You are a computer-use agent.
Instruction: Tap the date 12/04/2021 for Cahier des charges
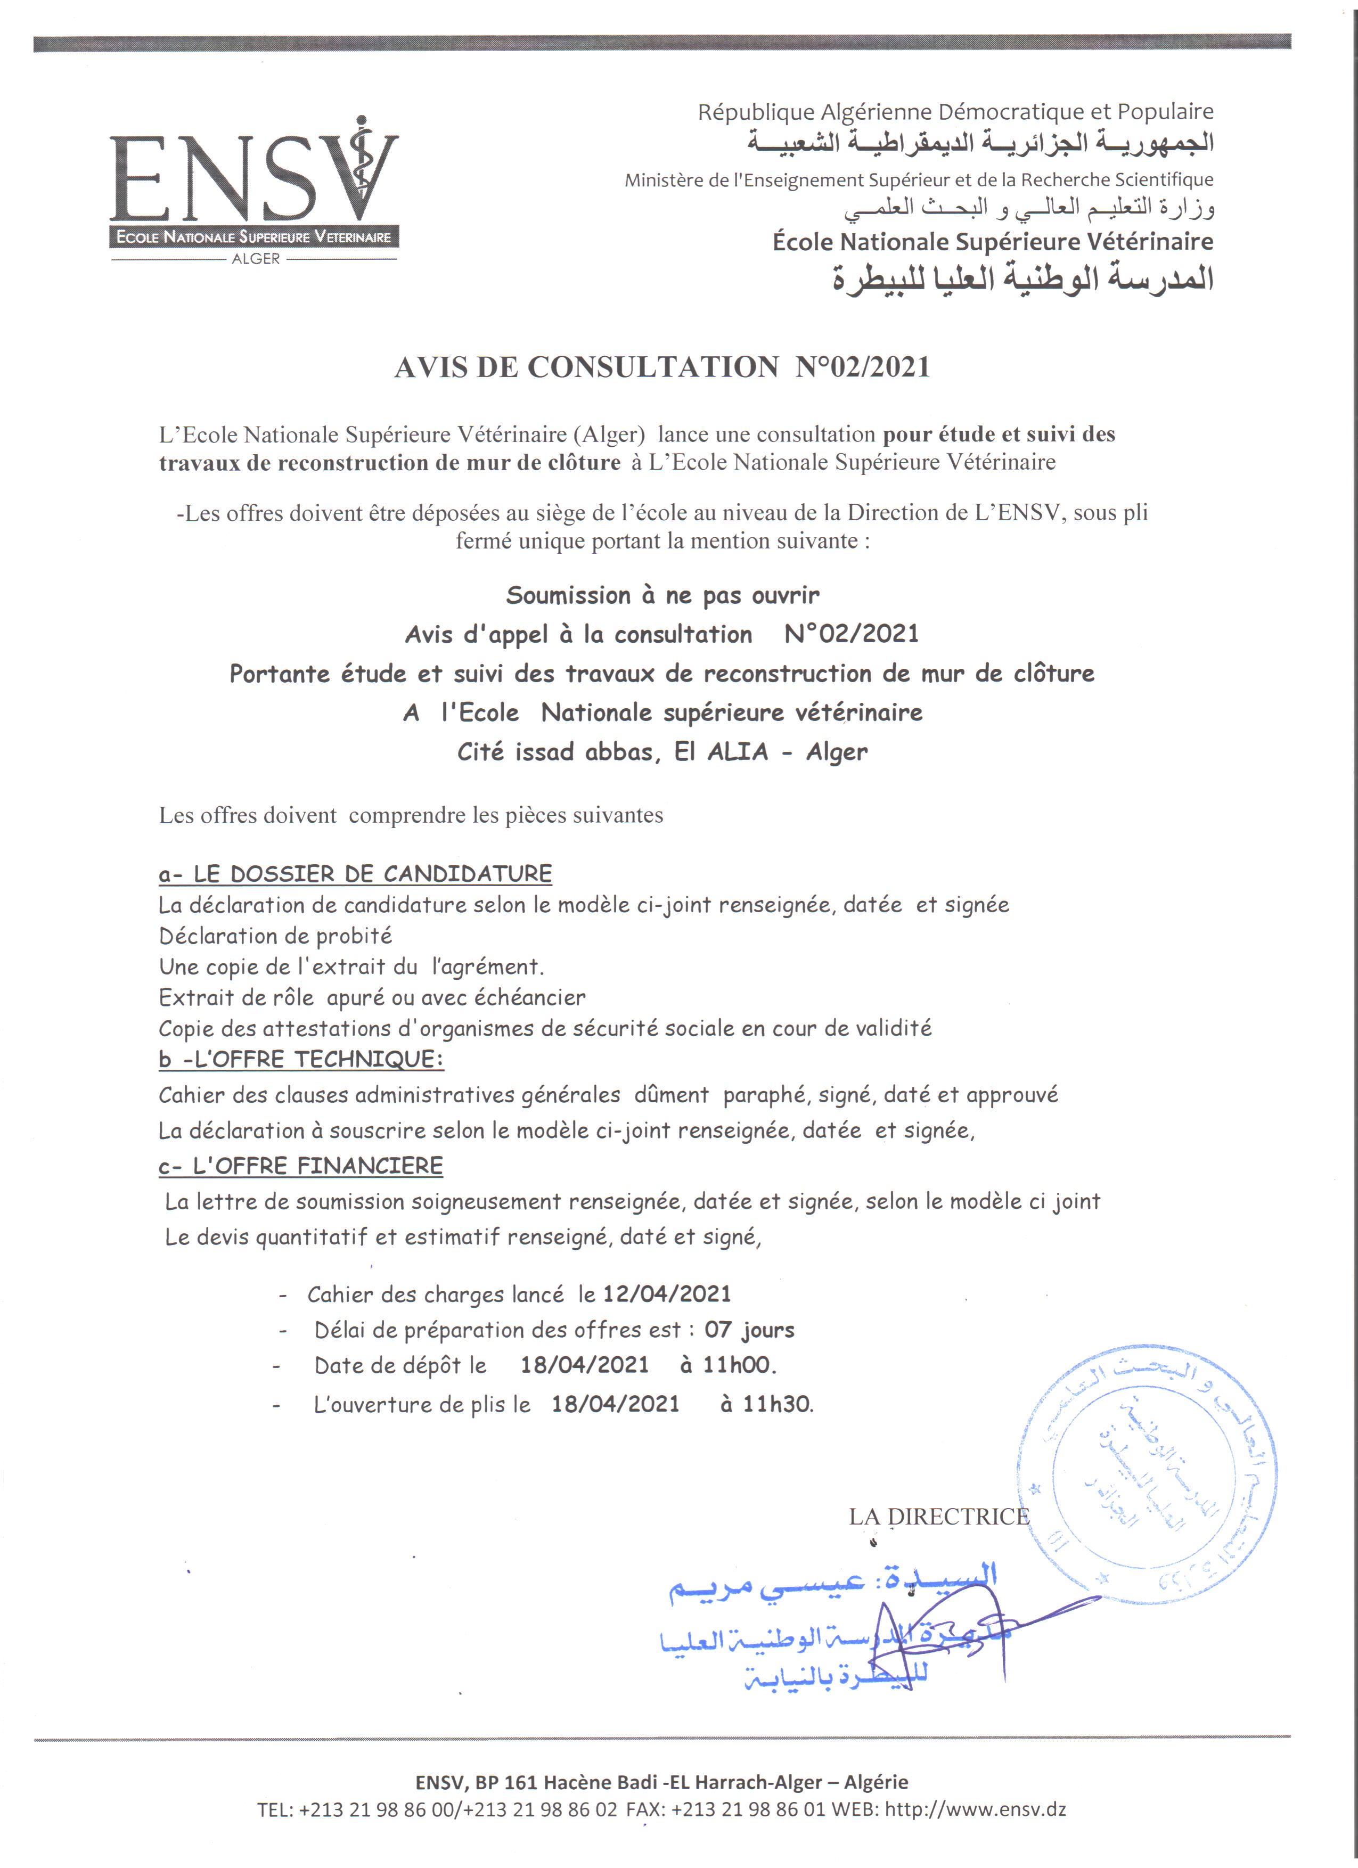tap(667, 1294)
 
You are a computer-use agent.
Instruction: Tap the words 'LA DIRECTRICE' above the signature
tap(939, 1517)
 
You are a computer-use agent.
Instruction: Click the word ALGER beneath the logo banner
tap(255, 259)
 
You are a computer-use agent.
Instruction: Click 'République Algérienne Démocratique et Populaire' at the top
tap(955, 112)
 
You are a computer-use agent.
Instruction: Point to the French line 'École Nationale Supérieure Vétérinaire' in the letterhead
tap(992, 242)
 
